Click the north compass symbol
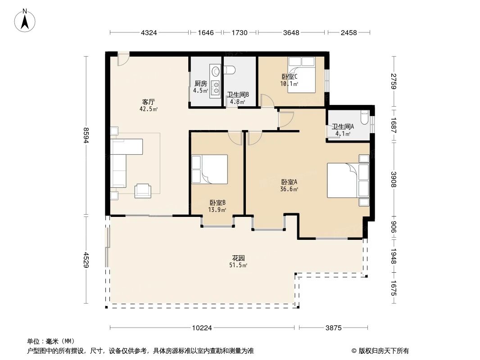point(26,20)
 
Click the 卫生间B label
point(237,94)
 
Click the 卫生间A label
point(343,127)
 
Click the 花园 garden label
point(239,258)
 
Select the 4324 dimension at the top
point(149,33)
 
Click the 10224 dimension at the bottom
point(202,328)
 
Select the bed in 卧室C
point(301,75)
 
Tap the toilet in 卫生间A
point(365,118)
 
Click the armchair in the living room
point(143,190)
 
